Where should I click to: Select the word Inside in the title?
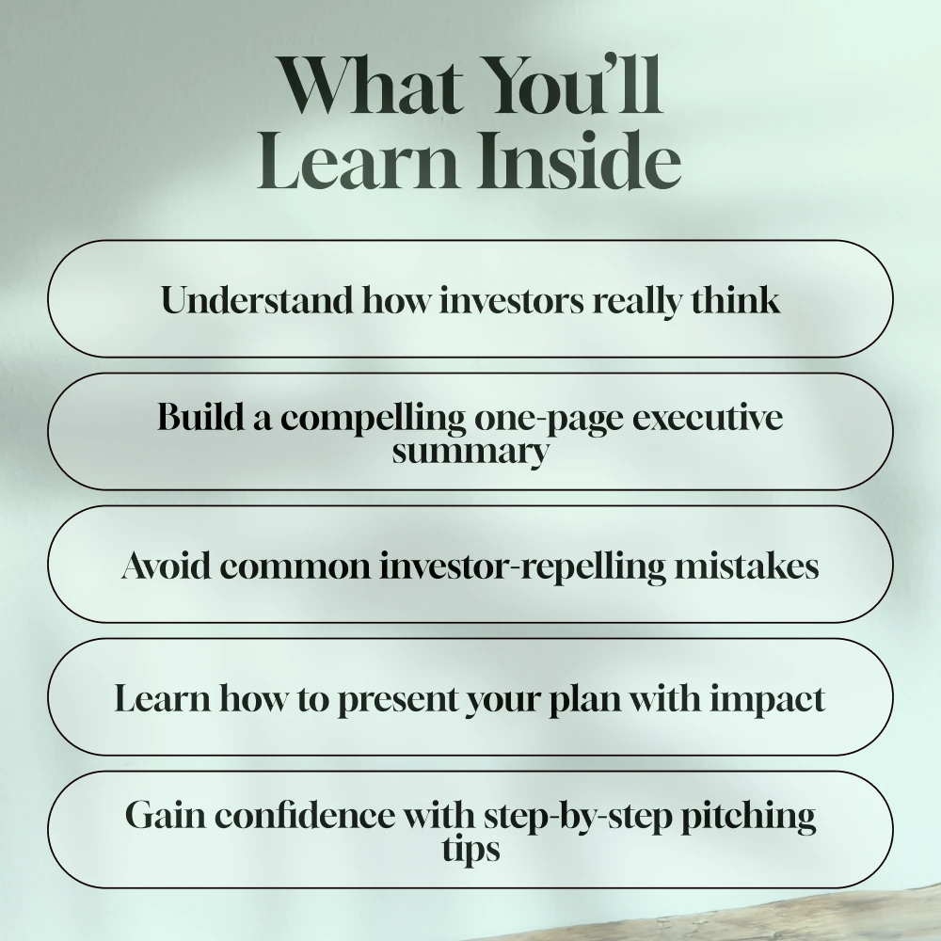point(580,158)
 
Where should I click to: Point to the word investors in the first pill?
point(512,300)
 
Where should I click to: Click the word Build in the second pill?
point(201,416)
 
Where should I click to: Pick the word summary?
point(470,452)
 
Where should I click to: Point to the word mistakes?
point(746,565)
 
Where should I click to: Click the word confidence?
point(305,815)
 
